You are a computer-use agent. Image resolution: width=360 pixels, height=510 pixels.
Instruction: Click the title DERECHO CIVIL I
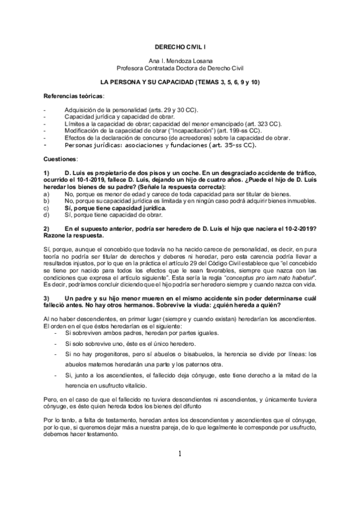[x=180, y=46]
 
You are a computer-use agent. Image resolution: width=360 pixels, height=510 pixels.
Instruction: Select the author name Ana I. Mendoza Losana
[x=180, y=61]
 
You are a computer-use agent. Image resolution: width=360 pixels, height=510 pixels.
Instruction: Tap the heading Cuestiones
[x=61, y=159]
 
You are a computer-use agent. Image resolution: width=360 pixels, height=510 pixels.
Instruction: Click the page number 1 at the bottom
[x=180, y=471]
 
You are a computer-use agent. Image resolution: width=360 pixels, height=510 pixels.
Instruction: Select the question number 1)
[x=48, y=173]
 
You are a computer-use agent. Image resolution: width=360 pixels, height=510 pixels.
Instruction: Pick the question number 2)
[x=48, y=229]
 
